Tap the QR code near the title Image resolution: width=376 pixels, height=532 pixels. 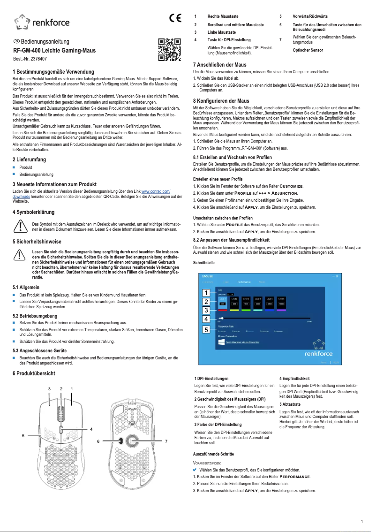(169, 50)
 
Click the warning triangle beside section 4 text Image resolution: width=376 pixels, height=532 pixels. (20, 226)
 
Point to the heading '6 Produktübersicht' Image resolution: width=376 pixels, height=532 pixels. (34, 373)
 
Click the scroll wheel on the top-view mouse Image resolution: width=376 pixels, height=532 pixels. (60, 415)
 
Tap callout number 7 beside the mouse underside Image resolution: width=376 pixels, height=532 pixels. (166, 441)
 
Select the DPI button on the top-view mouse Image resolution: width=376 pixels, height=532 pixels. (61, 430)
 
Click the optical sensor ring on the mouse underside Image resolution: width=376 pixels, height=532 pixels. (132, 441)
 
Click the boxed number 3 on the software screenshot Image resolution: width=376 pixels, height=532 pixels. (205, 310)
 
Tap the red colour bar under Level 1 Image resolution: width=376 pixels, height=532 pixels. (223, 310)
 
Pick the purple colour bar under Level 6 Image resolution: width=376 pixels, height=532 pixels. (281, 310)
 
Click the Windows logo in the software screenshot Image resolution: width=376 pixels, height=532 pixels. (221, 342)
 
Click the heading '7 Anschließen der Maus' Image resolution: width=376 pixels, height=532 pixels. (220, 64)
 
